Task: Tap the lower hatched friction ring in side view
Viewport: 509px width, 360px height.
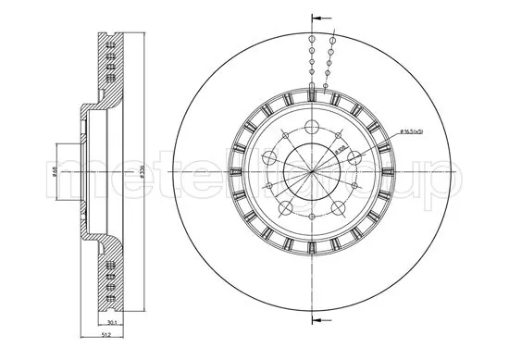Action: click(x=110, y=278)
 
